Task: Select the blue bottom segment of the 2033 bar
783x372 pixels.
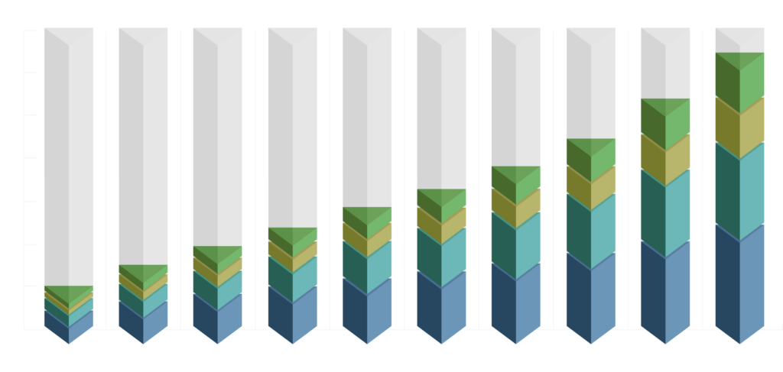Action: pyautogui.click(x=739, y=286)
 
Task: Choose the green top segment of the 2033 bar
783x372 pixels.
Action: pyautogui.click(x=739, y=76)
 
